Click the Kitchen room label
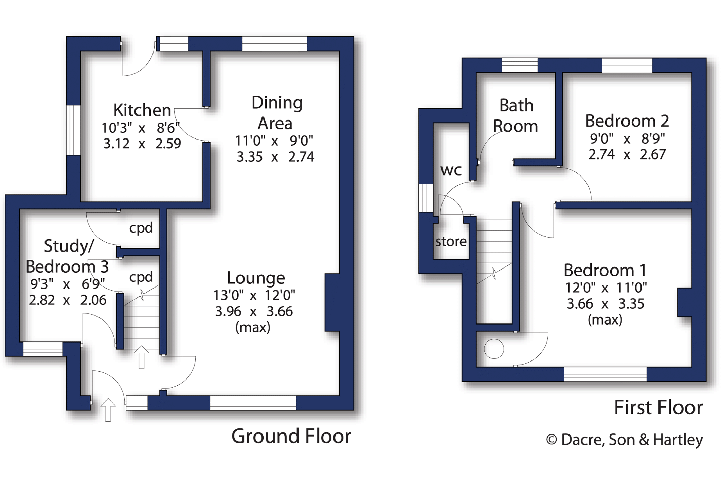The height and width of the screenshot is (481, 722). (x=142, y=110)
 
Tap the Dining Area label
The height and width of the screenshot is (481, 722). (x=276, y=113)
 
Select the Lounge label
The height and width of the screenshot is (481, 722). (x=256, y=278)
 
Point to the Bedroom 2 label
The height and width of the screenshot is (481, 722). (x=627, y=121)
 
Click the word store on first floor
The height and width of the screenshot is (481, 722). (x=451, y=242)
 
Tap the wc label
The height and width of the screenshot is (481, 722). (x=451, y=170)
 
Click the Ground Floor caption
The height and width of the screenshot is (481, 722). (x=291, y=436)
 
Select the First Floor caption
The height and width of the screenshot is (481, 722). (x=658, y=407)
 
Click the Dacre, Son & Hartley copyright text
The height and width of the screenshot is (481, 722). (x=624, y=440)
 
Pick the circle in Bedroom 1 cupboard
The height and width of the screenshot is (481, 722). (x=494, y=349)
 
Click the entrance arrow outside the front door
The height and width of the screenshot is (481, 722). (x=108, y=410)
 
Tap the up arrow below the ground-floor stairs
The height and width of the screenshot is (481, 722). (x=141, y=357)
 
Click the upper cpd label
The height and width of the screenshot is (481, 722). (x=141, y=228)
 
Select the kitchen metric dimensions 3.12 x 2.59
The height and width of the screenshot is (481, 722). (x=142, y=144)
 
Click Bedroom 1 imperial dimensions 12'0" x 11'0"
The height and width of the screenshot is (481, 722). (x=606, y=288)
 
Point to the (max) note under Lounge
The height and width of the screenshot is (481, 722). (x=253, y=327)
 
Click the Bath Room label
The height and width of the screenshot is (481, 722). (x=516, y=116)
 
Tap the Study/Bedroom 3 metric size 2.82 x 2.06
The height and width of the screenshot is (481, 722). (x=67, y=300)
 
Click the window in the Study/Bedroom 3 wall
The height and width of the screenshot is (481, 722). (x=43, y=349)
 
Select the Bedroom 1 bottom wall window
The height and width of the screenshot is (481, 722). (x=605, y=374)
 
